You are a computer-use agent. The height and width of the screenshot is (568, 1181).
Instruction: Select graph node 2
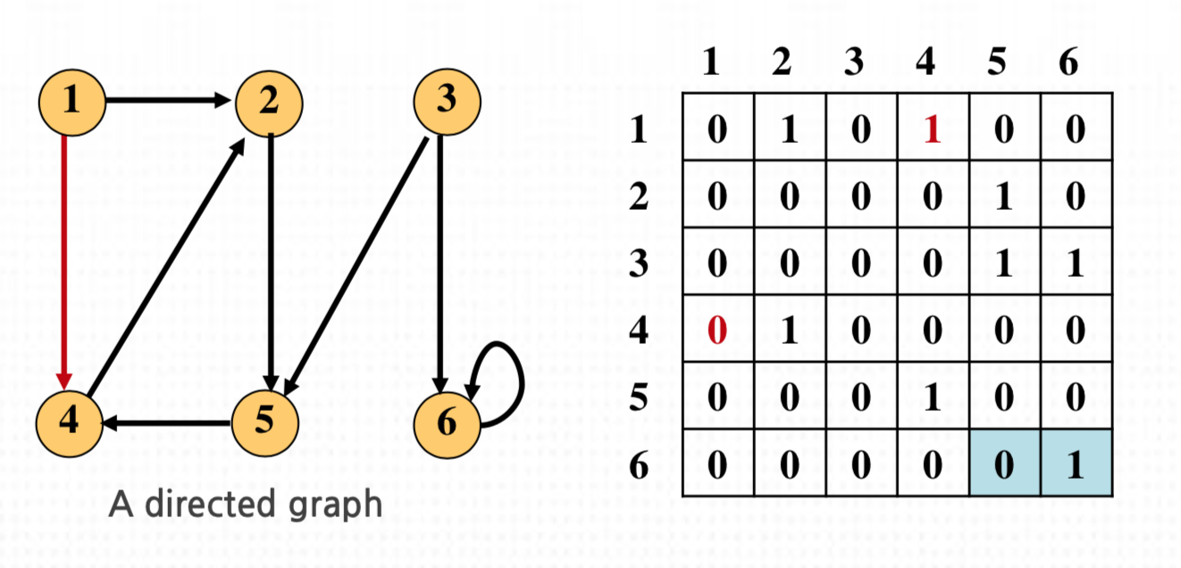tap(269, 102)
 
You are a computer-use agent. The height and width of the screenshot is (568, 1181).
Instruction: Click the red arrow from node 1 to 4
tap(63, 259)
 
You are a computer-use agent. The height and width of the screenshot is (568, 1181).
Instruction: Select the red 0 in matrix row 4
tap(717, 330)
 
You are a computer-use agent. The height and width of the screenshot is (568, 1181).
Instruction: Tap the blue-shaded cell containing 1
tap(1076, 464)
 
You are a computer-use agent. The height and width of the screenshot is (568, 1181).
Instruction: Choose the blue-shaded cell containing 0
tap(1004, 464)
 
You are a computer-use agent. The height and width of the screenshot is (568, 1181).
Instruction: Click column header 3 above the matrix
tap(854, 64)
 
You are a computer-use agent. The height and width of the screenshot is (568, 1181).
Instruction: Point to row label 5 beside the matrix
tap(638, 397)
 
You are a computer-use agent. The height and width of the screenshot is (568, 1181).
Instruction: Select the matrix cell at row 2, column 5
tap(1004, 196)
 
